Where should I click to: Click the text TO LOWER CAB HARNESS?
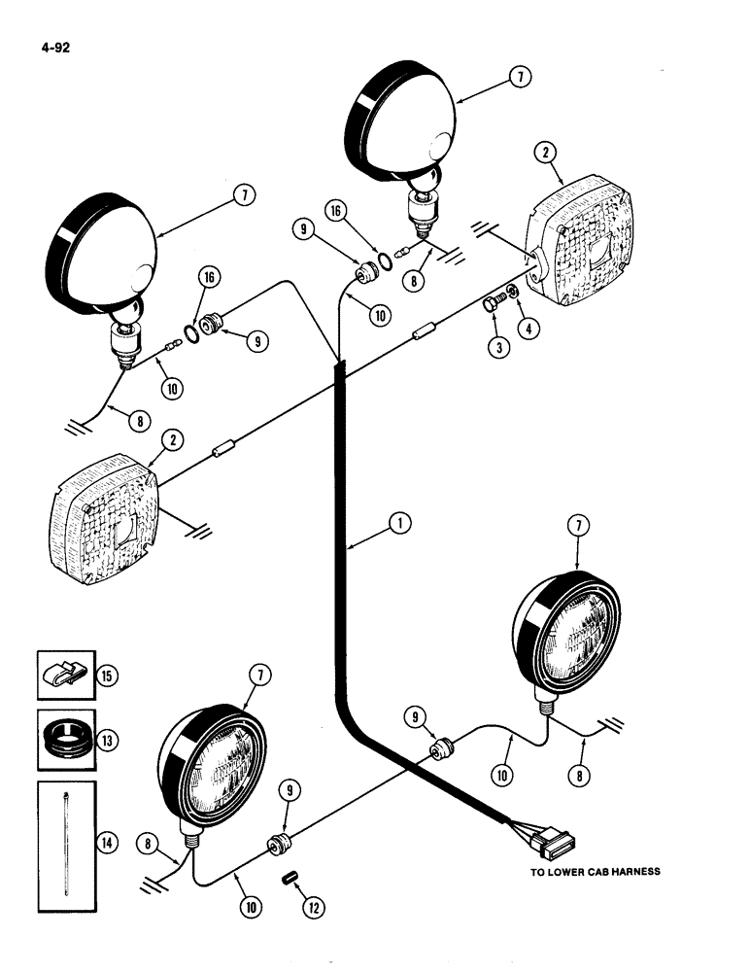[x=595, y=872]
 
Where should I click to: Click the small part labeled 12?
[x=288, y=878]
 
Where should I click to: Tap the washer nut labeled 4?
[x=512, y=295]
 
